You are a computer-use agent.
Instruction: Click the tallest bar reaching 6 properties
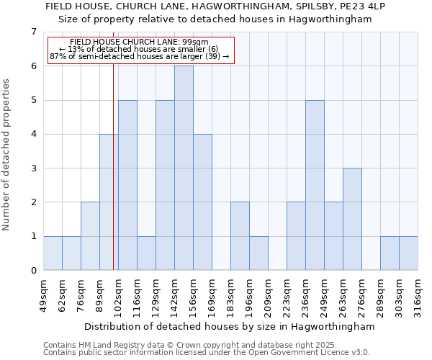tap(184, 168)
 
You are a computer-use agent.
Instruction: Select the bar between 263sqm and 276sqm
tap(352, 219)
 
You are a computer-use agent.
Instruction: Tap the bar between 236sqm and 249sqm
tap(315, 185)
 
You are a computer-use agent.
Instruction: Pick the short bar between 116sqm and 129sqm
tap(146, 253)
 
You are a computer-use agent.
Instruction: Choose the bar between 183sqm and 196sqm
tap(240, 236)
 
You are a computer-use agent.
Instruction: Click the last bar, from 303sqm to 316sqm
tap(408, 253)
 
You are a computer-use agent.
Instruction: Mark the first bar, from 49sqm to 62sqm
tap(53, 253)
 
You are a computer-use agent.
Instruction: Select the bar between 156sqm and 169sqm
tap(202, 202)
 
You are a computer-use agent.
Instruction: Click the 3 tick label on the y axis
tap(33, 168)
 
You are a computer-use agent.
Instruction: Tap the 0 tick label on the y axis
tap(33, 271)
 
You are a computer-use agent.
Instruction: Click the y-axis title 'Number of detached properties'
tap(7, 155)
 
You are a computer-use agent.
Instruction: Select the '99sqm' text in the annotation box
tap(196, 42)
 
